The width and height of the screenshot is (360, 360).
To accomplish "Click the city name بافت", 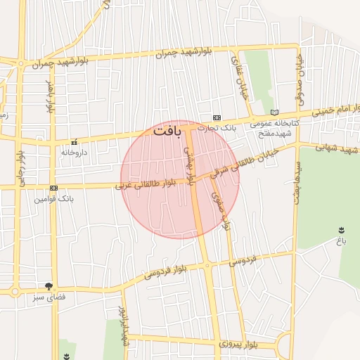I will (x=167, y=131).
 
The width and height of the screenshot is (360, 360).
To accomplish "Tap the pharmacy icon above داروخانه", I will (x=74, y=142).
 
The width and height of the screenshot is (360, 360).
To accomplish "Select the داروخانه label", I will (x=74, y=152).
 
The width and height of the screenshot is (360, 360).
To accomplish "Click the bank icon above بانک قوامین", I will (x=53, y=188).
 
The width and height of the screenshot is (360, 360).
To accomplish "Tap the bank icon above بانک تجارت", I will (x=217, y=117).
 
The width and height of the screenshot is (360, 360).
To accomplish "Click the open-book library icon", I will (x=274, y=112).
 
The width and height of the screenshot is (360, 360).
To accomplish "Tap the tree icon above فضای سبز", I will (x=49, y=286).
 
